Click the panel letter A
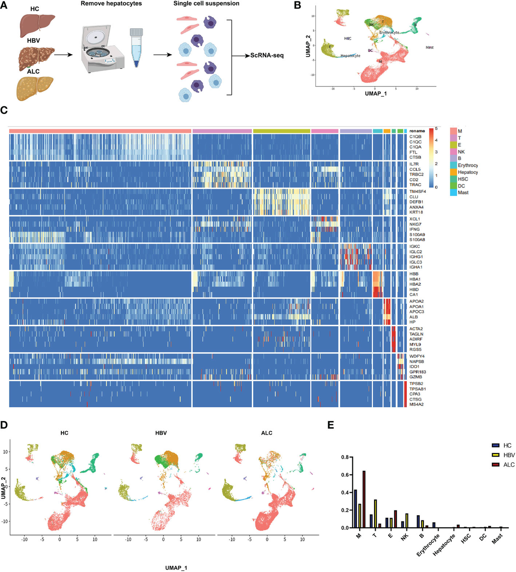4,6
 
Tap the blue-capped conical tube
136,47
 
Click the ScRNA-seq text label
267,56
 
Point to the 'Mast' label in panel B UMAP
429,47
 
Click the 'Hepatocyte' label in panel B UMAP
350,56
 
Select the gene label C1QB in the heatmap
415,137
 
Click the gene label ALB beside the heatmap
413,317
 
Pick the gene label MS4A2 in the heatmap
416,404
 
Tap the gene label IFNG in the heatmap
415,229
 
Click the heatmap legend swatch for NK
453,152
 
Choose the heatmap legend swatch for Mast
453,192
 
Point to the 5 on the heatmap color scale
436,129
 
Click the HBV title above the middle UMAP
161,433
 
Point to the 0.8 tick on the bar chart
345,457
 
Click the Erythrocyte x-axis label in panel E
428,545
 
